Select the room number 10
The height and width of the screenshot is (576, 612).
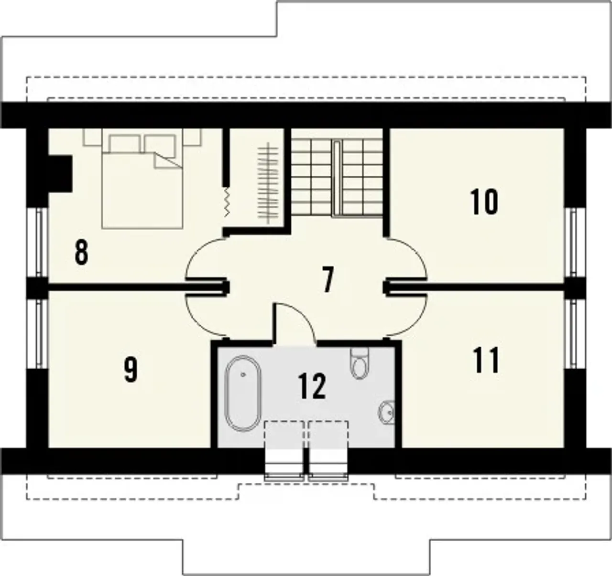[484, 202]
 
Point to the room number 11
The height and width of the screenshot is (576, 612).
[486, 360]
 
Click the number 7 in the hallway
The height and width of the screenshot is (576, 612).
[328, 280]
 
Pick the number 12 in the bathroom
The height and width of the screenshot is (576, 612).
[312, 386]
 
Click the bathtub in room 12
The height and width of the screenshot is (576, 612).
[243, 394]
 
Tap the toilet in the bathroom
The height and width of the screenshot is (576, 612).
[360, 363]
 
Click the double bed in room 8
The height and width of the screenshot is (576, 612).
[142, 179]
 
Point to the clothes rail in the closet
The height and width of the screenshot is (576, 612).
[267, 183]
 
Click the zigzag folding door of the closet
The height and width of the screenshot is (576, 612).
[227, 202]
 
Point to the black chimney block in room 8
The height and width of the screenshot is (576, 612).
[60, 174]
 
